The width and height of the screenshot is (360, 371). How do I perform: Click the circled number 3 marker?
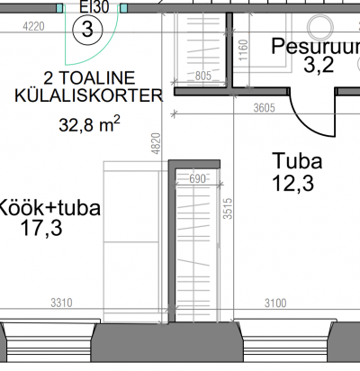pos(87,30)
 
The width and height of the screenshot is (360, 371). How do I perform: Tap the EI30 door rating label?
pos(94,6)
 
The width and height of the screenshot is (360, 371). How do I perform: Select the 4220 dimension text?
pos(33,26)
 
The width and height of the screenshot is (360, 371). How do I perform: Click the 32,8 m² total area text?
pos(89,124)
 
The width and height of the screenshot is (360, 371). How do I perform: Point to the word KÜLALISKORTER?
pos(89,95)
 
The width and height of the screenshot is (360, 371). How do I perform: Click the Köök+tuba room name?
pos(49,208)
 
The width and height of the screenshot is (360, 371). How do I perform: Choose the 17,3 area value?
pos(41,228)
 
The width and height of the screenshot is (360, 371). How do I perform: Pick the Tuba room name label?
pos(297,161)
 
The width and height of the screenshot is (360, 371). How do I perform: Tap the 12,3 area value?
pos(293,183)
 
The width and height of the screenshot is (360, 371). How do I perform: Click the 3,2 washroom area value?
pos(319,65)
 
